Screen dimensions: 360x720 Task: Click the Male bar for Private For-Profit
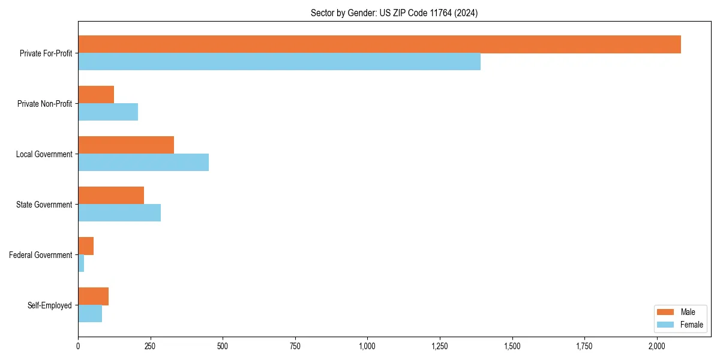[379, 44]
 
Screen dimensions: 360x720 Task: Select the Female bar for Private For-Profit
[279, 62]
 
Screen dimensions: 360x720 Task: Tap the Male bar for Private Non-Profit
[96, 95]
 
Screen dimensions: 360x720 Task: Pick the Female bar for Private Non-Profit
[108, 112]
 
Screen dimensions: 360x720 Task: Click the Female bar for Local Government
[143, 163]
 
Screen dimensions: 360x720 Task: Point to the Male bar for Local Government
[126, 145]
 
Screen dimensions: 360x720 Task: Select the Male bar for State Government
[111, 196]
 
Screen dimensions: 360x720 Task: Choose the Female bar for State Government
[119, 213]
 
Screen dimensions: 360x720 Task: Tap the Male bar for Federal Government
[86, 246]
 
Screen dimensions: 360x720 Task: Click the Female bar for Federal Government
[81, 263]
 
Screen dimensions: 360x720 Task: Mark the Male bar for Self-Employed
[93, 296]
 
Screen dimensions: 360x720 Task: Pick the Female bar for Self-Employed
[90, 314]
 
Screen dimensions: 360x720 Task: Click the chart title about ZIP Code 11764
[394, 13]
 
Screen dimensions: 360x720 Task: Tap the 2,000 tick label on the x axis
[657, 346]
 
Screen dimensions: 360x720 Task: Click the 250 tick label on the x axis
[150, 346]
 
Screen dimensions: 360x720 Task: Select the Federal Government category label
[41, 255]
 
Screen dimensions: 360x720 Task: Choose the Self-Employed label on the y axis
[50, 305]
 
